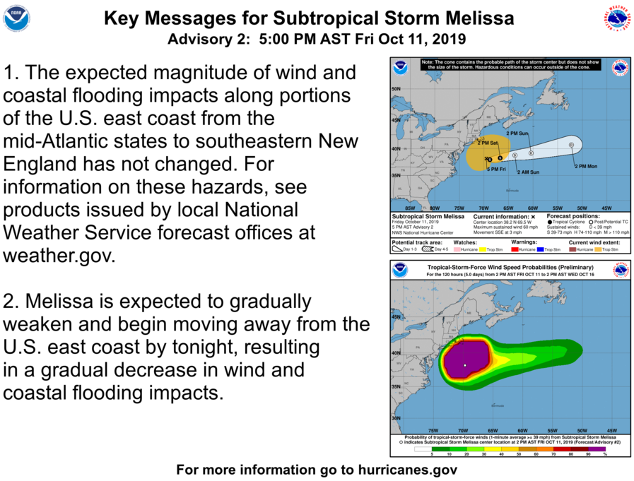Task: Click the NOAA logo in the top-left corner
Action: pos(16,18)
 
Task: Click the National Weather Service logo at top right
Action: pos(617,19)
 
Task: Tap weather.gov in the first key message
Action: pos(59,255)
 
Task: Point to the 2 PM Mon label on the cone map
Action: pos(585,166)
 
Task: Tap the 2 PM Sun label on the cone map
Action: pos(517,133)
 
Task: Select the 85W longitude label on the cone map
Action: pos(409,208)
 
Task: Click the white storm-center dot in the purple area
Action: pos(465,365)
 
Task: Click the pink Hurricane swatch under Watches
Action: pos(457,249)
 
